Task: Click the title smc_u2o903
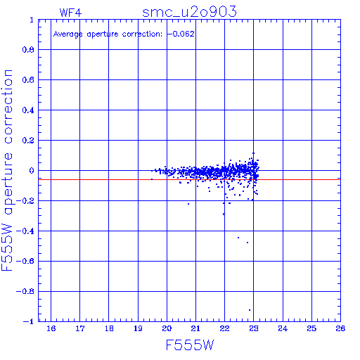pos(189,12)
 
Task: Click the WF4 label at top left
pos(70,13)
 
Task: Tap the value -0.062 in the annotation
pos(181,34)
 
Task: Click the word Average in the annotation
pos(68,34)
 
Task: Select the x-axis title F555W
pos(190,345)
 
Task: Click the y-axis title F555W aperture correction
pos(7,170)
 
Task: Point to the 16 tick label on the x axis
pos(51,328)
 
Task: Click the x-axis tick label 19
pos(138,328)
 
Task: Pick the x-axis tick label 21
pos(195,328)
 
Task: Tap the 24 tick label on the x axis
pos(283,328)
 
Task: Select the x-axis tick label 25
pos(311,328)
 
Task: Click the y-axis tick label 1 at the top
pos(32,20)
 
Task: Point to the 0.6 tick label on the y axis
pos(28,80)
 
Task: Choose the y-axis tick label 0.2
pos(28,141)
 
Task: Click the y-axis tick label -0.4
pos(25,231)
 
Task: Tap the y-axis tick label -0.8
pos(25,292)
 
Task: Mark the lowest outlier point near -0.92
pos(250,310)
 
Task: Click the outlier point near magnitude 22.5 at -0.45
pos(238,238)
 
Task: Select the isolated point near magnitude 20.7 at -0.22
pos(188,204)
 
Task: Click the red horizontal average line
pos(189,179)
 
